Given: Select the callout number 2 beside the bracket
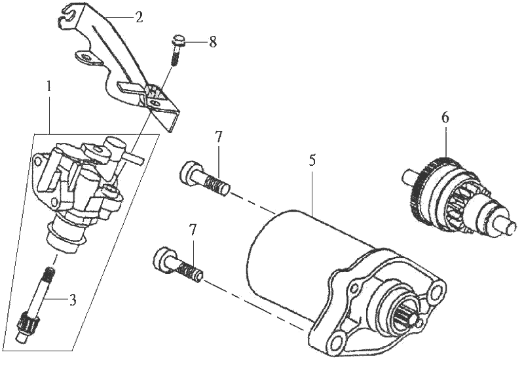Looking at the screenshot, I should tap(139, 18).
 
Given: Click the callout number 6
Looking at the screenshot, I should tap(445, 118).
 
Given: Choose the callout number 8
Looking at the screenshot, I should tap(212, 42).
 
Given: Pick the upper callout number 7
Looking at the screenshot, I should tap(219, 138).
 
